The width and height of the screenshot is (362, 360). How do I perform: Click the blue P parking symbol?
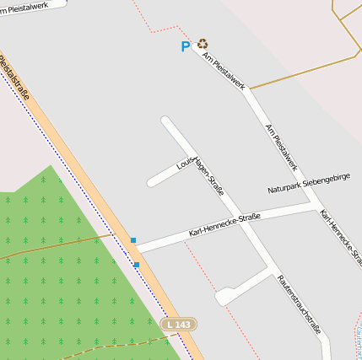point(186,47)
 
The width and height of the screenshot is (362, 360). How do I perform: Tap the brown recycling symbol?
point(203,44)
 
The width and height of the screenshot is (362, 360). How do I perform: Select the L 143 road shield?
point(179,324)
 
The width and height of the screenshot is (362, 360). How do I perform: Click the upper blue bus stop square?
point(133,240)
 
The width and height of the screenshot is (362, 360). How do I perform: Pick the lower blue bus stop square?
point(137,265)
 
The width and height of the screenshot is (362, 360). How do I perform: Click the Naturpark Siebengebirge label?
point(309,182)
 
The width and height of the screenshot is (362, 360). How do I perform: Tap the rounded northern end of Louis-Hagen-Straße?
point(166,121)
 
